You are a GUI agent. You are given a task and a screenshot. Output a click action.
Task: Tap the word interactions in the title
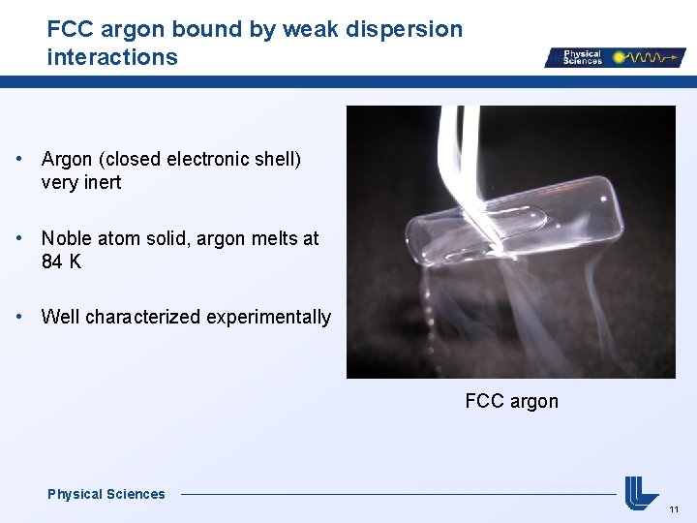coord(112,57)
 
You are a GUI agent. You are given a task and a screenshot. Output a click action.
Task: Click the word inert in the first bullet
coord(102,183)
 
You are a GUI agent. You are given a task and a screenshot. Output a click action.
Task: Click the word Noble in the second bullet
coord(67,238)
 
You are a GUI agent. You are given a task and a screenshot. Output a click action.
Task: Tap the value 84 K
coord(61,262)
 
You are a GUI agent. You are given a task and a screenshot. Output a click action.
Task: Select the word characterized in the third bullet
coord(139,318)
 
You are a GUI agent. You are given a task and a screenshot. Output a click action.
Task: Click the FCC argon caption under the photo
coord(511,401)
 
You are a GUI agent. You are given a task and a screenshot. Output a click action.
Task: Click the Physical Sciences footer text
coord(106,494)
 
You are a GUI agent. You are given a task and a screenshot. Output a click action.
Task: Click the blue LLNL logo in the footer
coord(641,491)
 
